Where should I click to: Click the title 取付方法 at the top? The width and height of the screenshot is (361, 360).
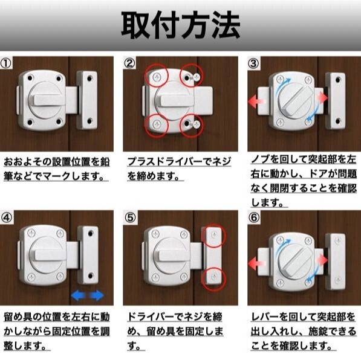[x=181, y=25]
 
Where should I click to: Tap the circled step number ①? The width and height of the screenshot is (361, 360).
[x=6, y=63]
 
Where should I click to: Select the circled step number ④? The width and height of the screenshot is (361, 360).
[x=6, y=217]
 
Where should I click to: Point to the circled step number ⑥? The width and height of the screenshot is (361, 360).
[x=254, y=217]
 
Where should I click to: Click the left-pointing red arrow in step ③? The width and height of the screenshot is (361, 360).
[x=256, y=101]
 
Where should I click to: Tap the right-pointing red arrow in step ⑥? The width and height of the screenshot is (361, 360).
[x=322, y=260]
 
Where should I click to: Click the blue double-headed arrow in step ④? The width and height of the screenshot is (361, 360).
[x=88, y=295]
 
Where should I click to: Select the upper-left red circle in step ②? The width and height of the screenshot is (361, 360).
[x=157, y=76]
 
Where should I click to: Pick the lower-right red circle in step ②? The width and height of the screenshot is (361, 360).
[x=191, y=126]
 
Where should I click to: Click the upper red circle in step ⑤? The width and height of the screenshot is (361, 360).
[x=214, y=236]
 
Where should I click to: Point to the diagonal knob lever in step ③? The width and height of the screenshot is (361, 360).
[x=296, y=100]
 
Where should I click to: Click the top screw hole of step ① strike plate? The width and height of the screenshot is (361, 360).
[x=89, y=79]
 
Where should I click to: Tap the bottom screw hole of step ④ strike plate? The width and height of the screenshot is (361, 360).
[x=90, y=275]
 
